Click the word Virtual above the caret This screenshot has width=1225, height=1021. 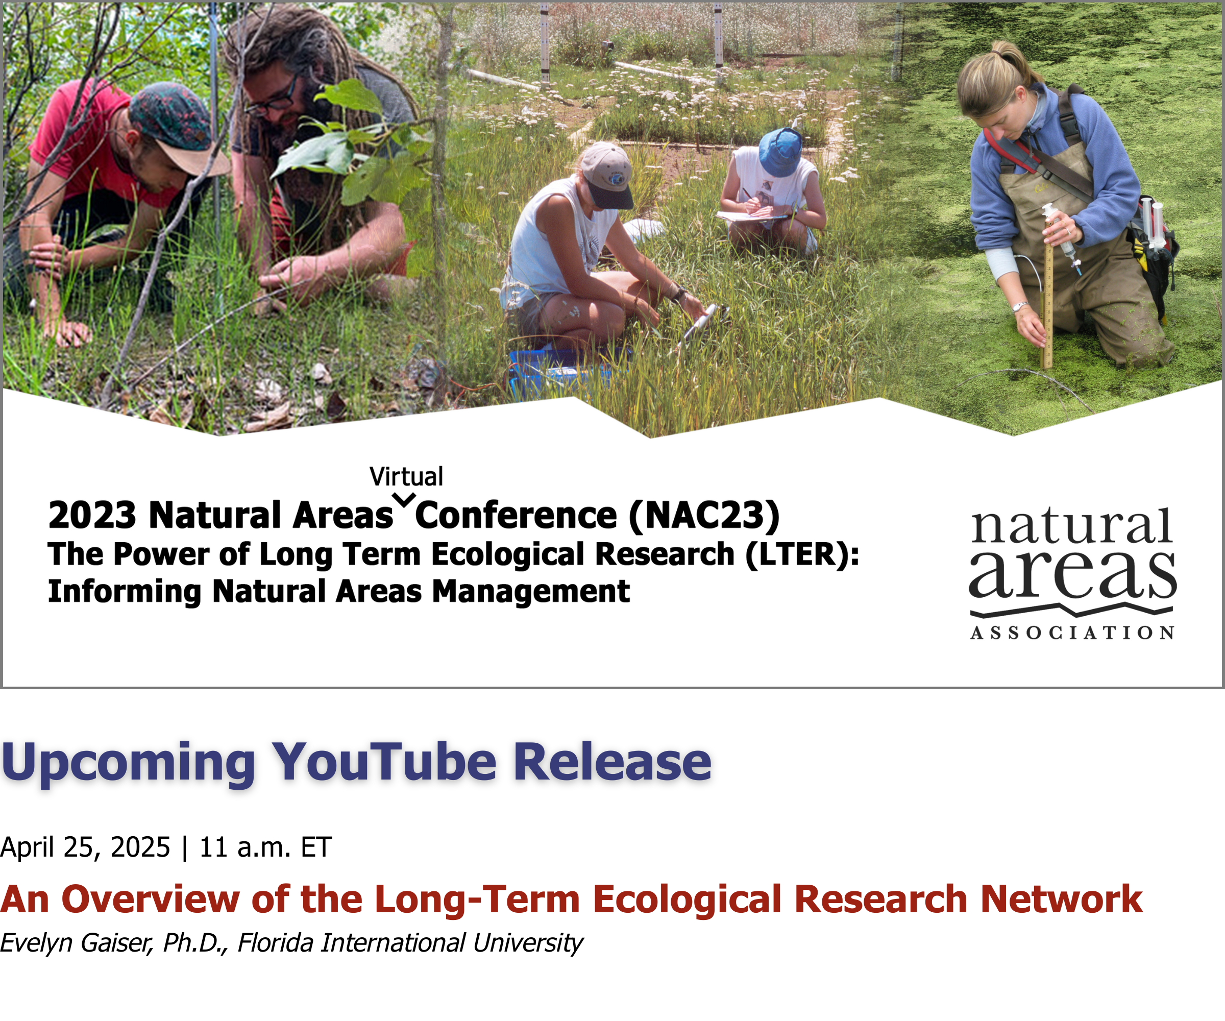pyautogui.click(x=407, y=477)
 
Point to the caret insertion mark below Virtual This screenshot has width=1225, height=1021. pyautogui.click(x=404, y=499)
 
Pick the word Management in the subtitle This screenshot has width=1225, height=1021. pyautogui.click(x=531, y=592)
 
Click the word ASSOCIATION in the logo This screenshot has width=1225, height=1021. pyautogui.click(x=1072, y=633)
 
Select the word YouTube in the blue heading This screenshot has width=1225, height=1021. pyautogui.click(x=385, y=762)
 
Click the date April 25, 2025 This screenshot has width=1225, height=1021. pyautogui.click(x=85, y=847)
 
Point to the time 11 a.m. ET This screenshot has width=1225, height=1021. pyautogui.click(x=265, y=847)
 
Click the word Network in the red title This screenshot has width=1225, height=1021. pyautogui.click(x=1061, y=899)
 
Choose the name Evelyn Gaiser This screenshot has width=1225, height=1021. pyautogui.click(x=77, y=943)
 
